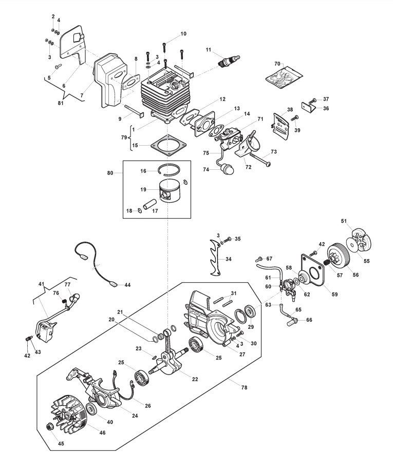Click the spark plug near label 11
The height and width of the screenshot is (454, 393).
coord(230,61)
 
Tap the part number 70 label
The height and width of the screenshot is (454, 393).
coord(277,64)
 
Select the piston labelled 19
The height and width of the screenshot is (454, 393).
coord(170,192)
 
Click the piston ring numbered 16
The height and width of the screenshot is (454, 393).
coord(170,169)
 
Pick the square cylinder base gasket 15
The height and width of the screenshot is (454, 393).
coord(169,145)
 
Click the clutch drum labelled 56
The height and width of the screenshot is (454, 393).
coord(338,259)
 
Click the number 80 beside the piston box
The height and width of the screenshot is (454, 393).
coord(110,173)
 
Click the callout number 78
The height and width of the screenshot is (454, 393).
coord(244,387)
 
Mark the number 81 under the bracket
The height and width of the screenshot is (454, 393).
coord(61,103)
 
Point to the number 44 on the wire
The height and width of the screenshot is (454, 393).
coord(127,285)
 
